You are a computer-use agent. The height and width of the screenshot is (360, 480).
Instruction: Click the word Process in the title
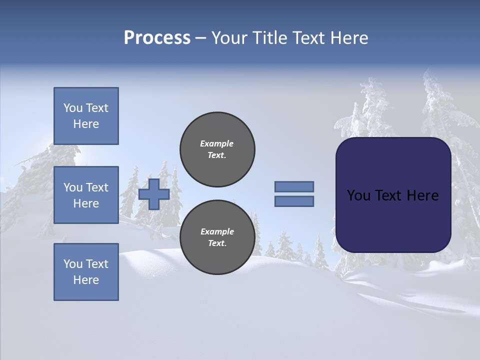(x=157, y=38)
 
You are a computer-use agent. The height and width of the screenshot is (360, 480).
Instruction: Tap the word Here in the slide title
(x=349, y=38)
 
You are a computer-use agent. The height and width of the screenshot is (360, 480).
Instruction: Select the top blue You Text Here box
(x=86, y=116)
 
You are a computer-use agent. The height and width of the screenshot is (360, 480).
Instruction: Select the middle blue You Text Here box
(x=86, y=195)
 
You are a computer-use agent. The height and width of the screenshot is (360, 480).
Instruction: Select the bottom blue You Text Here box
(x=86, y=272)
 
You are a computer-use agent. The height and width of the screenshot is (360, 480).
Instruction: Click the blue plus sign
(x=154, y=194)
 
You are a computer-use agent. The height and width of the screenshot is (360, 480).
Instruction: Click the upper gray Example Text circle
(x=217, y=149)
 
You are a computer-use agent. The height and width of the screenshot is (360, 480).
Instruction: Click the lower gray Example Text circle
(x=217, y=237)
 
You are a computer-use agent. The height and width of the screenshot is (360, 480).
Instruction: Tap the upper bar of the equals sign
(x=294, y=186)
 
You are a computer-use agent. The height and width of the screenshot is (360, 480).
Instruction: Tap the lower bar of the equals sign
(x=294, y=201)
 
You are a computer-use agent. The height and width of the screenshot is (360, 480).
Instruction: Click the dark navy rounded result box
(x=393, y=195)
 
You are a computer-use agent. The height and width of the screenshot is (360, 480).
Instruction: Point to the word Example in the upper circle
(x=216, y=144)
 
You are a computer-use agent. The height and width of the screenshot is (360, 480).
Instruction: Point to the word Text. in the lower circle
(x=217, y=243)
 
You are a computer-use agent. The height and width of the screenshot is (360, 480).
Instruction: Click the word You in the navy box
(x=358, y=195)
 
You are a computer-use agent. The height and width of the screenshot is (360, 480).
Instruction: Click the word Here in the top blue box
(x=86, y=124)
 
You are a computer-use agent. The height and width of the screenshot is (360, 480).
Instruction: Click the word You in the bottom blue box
(x=73, y=264)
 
